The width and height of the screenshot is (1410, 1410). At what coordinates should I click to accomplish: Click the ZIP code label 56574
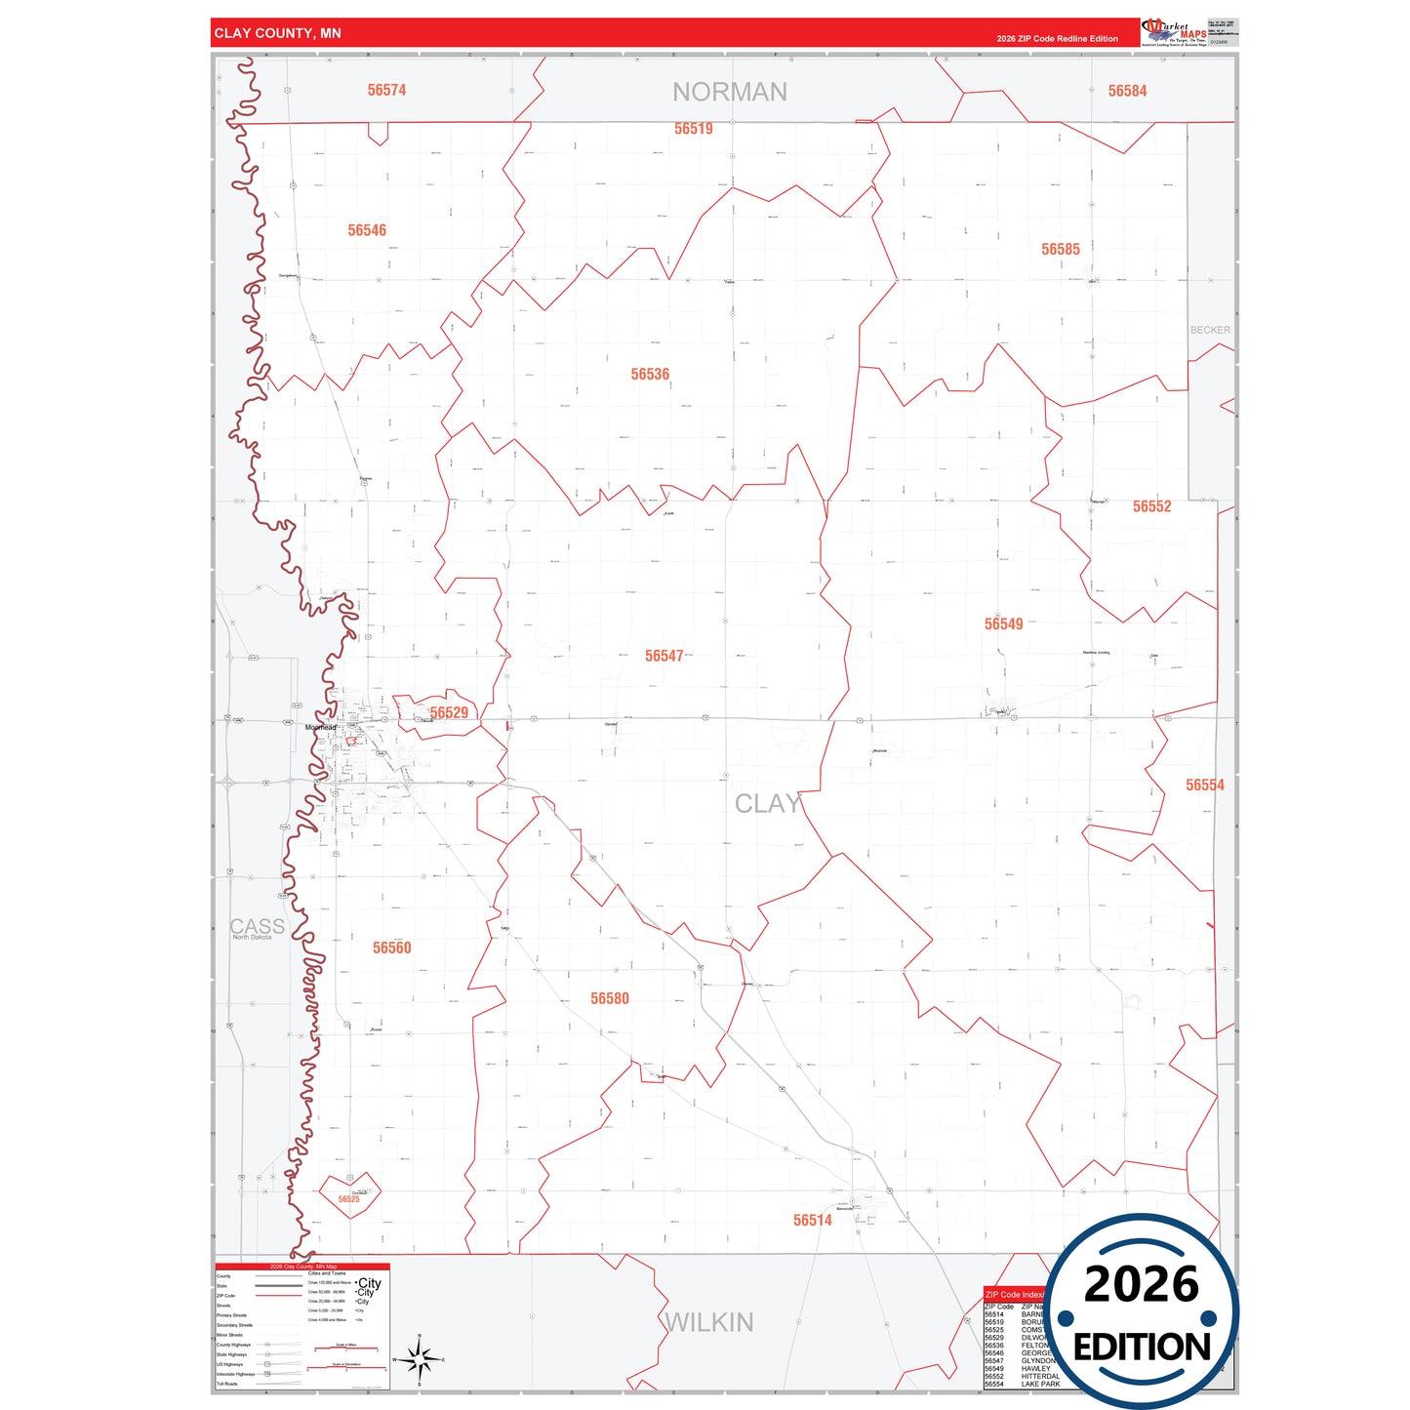[x=386, y=90]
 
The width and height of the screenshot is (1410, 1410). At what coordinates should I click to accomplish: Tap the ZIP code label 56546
[x=367, y=230]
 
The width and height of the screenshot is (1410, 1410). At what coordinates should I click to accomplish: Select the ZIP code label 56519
[x=693, y=129]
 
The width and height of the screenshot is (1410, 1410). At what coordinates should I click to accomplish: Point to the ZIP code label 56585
[x=1060, y=250]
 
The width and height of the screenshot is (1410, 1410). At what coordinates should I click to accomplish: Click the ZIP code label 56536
[x=650, y=375]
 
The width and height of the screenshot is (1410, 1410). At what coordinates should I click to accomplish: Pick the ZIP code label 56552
[x=1151, y=506]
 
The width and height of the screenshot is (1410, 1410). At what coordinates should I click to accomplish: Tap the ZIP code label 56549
[x=1003, y=624]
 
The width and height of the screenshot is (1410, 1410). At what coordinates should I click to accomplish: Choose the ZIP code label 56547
[x=664, y=656]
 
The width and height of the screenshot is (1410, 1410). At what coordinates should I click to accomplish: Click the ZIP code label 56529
[x=449, y=713]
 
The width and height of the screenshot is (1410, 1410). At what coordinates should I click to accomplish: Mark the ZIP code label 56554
[x=1204, y=786]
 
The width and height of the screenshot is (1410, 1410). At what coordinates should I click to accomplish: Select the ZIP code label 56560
[x=391, y=947]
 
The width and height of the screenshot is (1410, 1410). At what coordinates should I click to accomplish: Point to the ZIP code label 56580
[x=609, y=998]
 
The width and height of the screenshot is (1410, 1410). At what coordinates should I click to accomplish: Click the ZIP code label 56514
[x=812, y=1220]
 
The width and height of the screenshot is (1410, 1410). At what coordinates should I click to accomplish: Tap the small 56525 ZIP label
[x=348, y=1199]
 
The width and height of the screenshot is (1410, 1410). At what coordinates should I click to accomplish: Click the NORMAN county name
[x=729, y=92]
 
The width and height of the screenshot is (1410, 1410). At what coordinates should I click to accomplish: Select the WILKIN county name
[x=708, y=1322]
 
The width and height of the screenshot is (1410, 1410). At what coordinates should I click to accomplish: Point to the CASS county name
[x=257, y=926]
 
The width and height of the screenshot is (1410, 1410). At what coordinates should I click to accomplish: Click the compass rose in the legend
[x=419, y=1358]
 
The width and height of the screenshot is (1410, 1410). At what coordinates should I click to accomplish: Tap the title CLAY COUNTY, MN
[x=277, y=33]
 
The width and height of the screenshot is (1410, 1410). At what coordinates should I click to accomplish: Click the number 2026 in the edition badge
[x=1141, y=1284]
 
